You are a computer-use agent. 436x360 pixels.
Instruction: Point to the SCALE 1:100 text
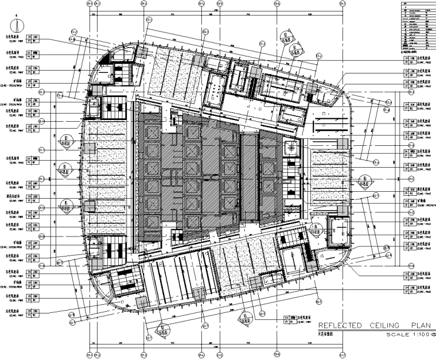click(x=407, y=335)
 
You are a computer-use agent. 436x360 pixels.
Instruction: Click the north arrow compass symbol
click(x=17, y=26)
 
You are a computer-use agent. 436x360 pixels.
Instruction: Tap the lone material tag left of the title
click(x=298, y=319)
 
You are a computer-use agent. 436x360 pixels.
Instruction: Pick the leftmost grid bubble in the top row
click(x=89, y=5)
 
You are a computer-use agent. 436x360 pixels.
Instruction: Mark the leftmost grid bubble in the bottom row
click(x=89, y=354)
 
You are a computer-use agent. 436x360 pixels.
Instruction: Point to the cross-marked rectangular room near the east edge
click(x=338, y=227)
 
